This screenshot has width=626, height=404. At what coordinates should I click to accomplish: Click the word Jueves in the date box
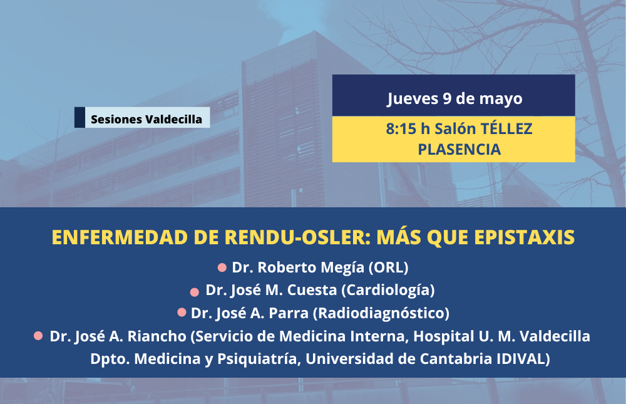point(413,99)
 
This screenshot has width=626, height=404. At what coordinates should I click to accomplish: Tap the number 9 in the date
point(447,98)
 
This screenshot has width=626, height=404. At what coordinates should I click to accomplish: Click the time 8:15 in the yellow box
point(403,128)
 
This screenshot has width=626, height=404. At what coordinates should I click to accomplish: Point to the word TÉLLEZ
point(506,128)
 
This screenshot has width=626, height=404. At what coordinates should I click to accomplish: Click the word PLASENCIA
point(459,150)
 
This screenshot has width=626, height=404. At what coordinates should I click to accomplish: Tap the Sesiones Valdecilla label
point(146,119)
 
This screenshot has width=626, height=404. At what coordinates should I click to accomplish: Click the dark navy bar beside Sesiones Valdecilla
point(80,118)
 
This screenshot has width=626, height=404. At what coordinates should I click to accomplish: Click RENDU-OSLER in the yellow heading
point(295,237)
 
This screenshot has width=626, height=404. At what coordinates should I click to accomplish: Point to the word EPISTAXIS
point(524,237)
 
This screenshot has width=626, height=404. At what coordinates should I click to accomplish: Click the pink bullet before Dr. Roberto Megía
point(222,267)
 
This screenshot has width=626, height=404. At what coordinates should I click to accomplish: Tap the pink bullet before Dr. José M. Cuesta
point(195,292)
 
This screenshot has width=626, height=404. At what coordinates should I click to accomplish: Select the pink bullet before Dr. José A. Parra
point(182,312)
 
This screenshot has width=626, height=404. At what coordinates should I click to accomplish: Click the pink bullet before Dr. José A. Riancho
point(38,336)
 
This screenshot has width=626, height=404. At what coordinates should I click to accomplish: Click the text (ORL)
point(389,267)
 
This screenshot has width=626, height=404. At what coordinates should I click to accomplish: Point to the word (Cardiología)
point(388,290)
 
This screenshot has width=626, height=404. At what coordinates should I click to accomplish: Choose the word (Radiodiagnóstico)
point(381,313)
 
